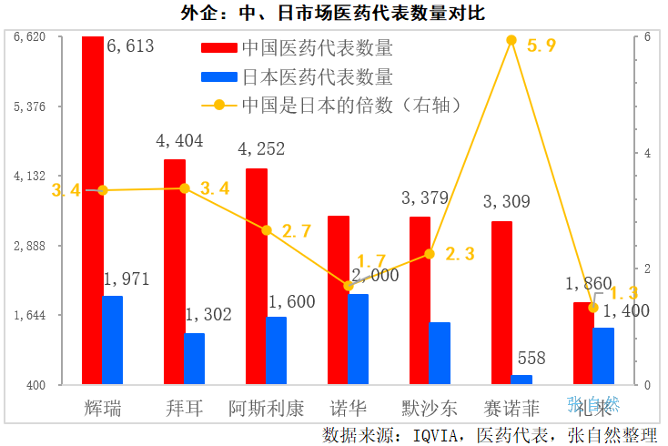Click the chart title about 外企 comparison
tap(333, 13)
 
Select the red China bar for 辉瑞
tap(92, 209)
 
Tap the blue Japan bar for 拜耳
tap(194, 359)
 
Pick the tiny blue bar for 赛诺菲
tap(521, 380)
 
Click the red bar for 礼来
tap(583, 343)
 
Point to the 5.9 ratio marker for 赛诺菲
tap(511, 40)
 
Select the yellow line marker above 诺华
tap(349, 286)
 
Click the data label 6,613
tap(130, 46)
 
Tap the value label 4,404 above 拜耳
tap(179, 141)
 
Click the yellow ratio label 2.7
tap(297, 231)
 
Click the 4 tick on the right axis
tap(647, 153)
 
